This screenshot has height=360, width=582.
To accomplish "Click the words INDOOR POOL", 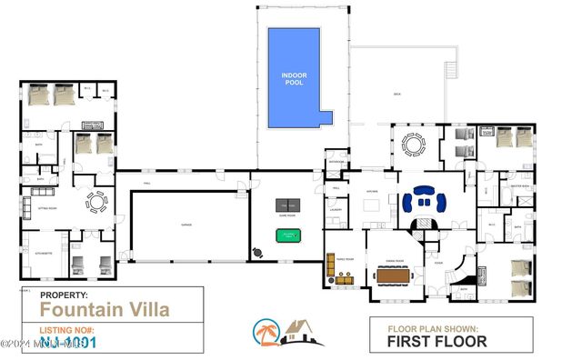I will [293, 78].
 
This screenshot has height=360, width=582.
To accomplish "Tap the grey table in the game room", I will [287, 205].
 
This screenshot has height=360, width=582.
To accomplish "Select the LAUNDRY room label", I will [335, 210].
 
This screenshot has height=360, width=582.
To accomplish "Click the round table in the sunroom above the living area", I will [414, 144].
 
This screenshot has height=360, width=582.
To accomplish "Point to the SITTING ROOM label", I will [48, 208].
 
